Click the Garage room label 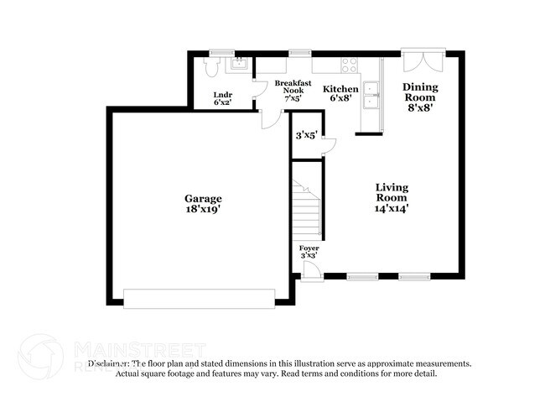coord(203,199)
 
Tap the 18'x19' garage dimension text coord(203,210)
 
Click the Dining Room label coord(420,91)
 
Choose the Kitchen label coord(341,89)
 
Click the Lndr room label coord(222,95)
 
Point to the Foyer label coord(309,249)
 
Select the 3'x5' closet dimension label coord(305,134)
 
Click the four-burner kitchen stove coord(350,64)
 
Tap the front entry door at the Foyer coord(310,270)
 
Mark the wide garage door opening coord(199,298)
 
